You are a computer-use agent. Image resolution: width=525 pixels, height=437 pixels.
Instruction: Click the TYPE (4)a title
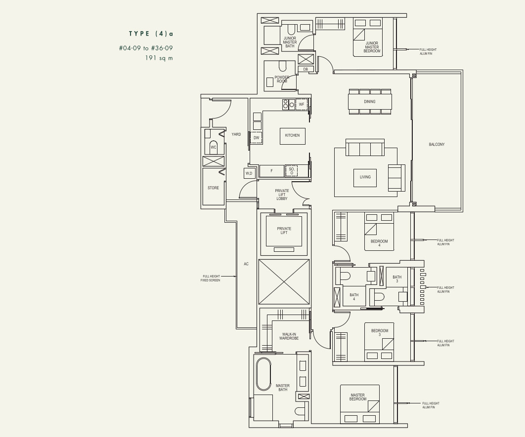pos(151,34)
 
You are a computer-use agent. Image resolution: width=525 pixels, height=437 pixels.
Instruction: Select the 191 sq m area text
pos(159,58)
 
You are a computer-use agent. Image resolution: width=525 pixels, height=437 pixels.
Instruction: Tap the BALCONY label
pos(437,145)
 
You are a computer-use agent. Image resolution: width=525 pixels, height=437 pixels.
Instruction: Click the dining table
pos(370,102)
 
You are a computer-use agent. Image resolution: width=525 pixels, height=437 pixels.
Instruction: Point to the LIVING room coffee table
pos(365,178)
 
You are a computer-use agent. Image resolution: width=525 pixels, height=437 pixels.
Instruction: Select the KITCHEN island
pos(292,136)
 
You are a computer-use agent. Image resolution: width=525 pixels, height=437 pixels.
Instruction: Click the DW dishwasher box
pos(256,138)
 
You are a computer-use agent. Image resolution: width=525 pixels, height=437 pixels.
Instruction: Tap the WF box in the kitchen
pos(302,104)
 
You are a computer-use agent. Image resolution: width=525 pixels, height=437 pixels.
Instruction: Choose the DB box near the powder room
pos(306,69)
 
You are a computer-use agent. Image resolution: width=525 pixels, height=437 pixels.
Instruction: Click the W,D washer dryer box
pos(249,173)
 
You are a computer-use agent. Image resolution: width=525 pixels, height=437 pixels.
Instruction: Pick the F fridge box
pos(271,171)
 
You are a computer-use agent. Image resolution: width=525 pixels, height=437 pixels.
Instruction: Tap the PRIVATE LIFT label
pos(284,231)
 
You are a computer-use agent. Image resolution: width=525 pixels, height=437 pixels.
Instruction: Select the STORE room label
pos(213,188)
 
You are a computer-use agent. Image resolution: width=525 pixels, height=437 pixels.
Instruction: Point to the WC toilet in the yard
pos(213,147)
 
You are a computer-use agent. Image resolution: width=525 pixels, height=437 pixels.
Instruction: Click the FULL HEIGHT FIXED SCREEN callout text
pos(210,278)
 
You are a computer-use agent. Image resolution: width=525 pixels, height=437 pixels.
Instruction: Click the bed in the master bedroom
pos(360,404)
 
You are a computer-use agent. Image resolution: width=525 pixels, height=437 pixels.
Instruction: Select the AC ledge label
pos(246,264)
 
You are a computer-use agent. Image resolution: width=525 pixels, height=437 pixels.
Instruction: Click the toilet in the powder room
pos(283,66)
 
